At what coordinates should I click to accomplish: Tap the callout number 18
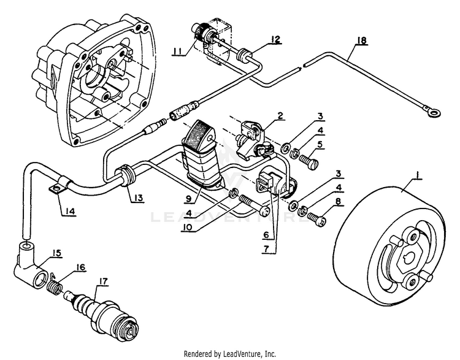(361, 41)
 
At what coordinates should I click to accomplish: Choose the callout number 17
(101, 281)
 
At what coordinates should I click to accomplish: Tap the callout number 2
(280, 115)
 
